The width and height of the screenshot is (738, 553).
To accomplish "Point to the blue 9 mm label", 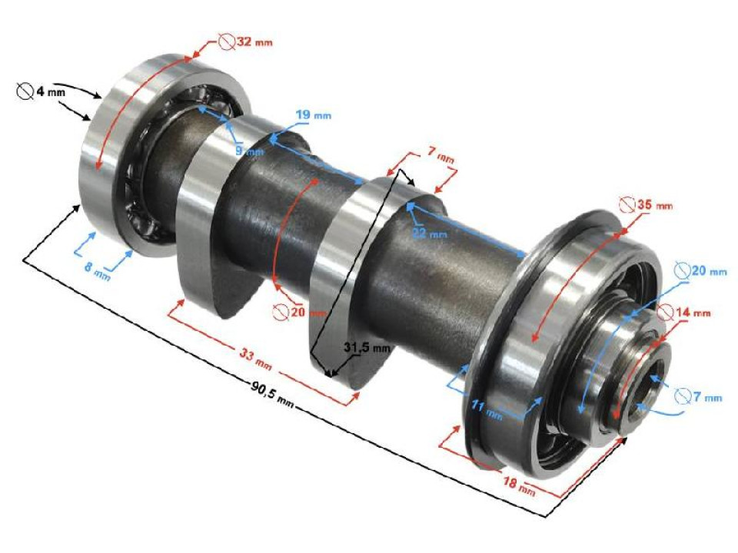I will tap(248, 151).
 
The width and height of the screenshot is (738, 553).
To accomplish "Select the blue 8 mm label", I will tap(98, 271).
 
